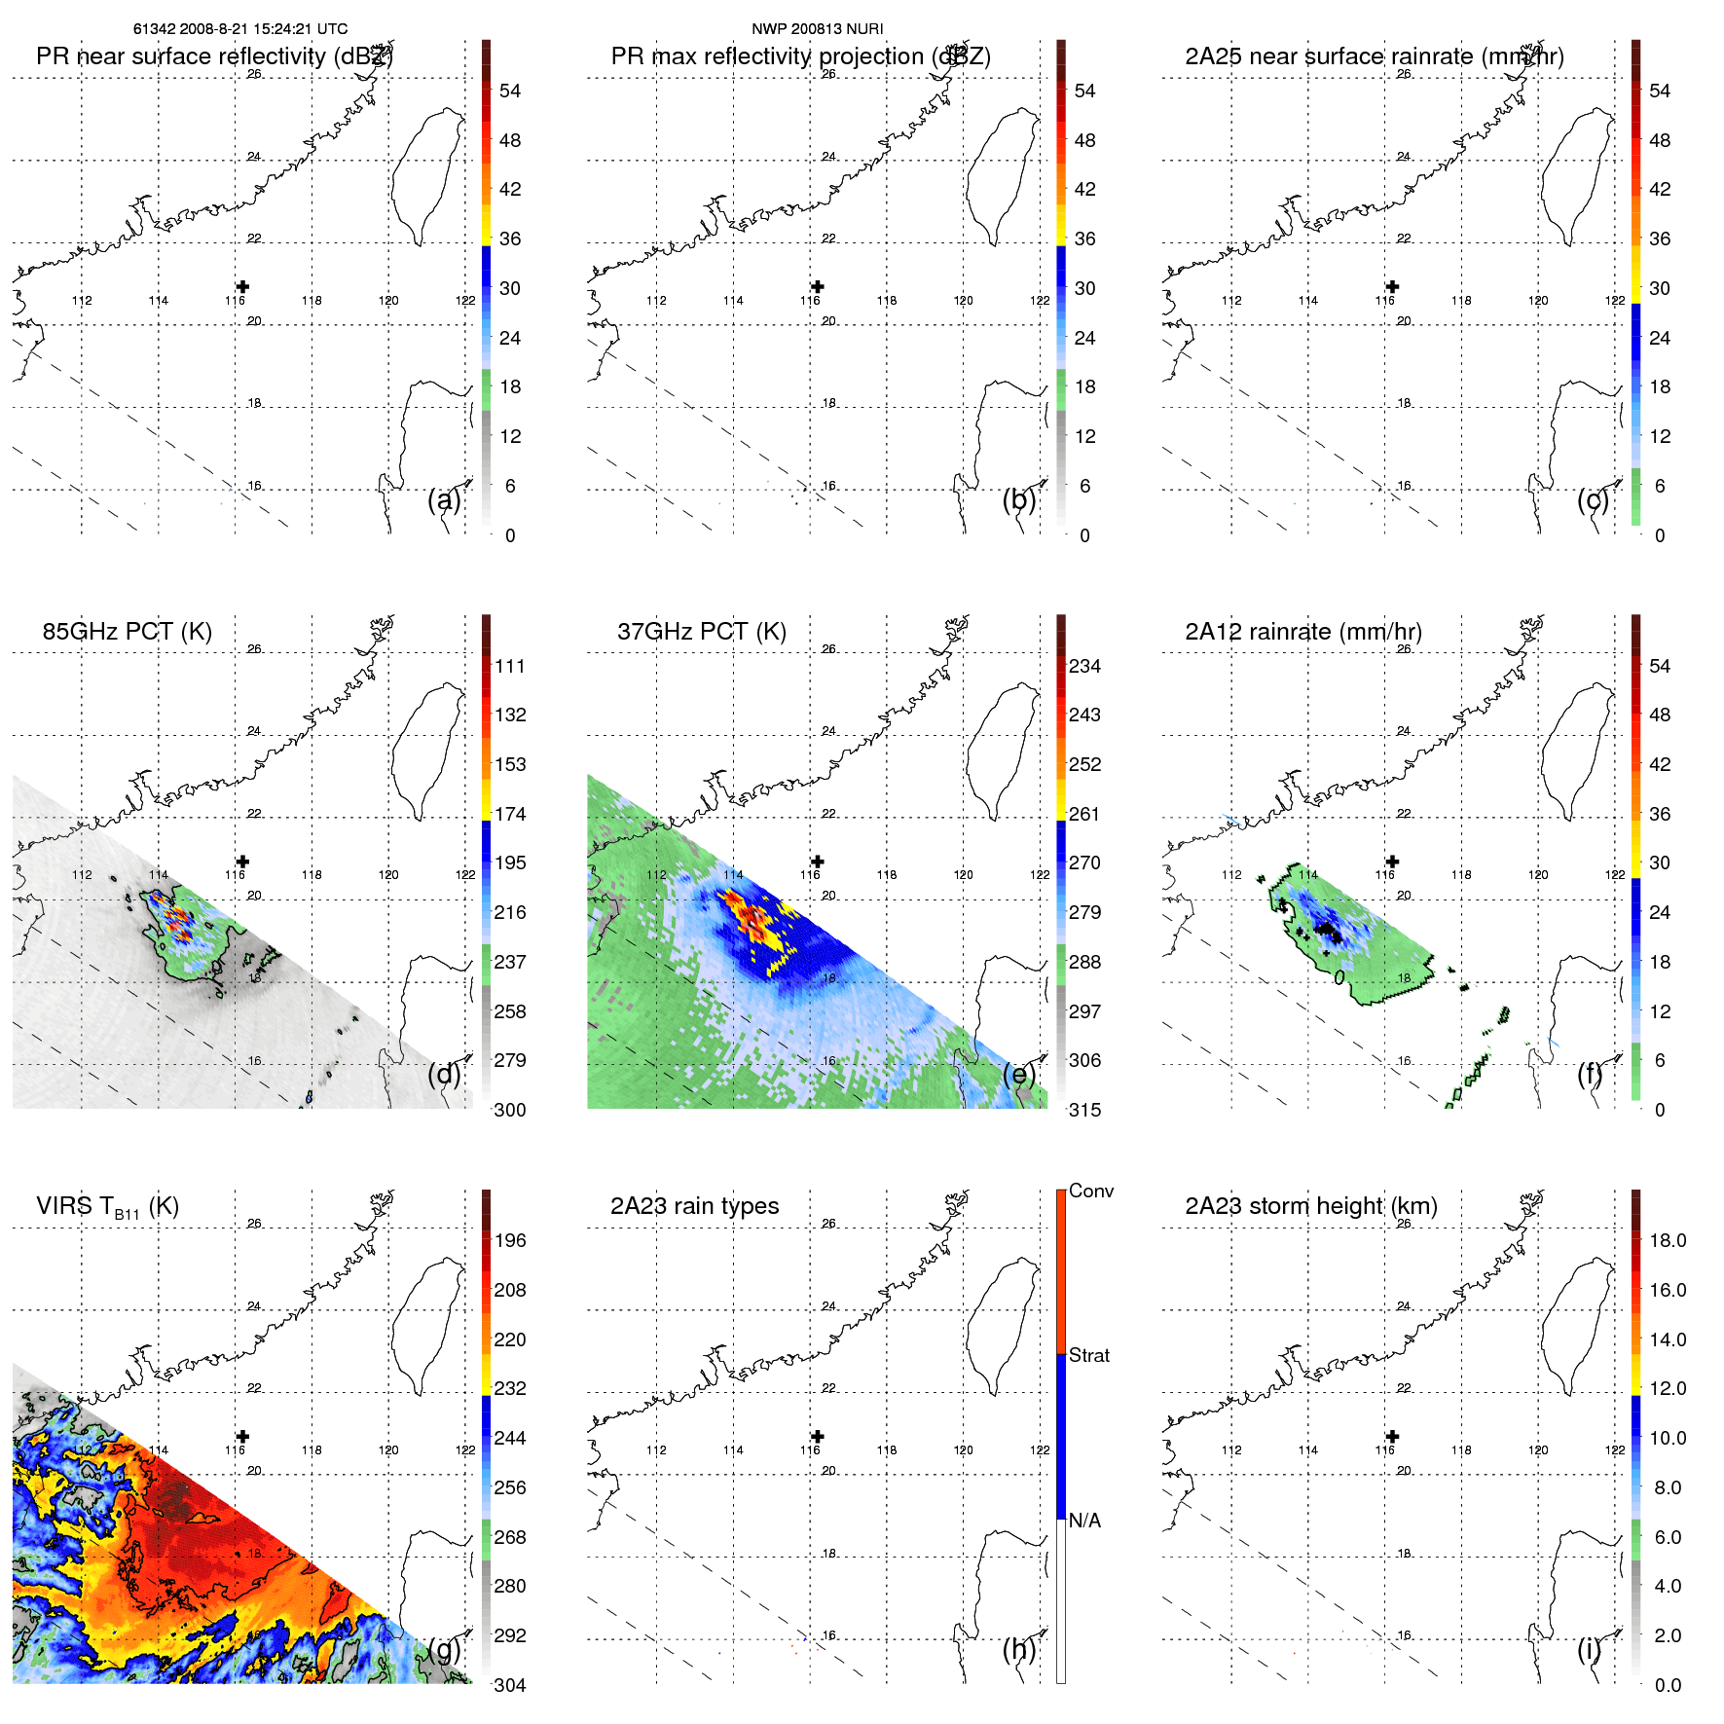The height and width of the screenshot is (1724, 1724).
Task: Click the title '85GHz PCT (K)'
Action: [127, 632]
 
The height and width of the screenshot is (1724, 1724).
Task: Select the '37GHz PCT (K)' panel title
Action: [701, 632]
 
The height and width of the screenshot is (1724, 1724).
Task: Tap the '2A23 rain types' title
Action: [694, 1206]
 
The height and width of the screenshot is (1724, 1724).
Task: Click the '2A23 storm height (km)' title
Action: [1310, 1206]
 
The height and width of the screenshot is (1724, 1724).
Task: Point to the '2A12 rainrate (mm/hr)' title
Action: [1302, 632]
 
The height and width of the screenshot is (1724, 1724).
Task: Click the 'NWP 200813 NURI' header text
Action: [817, 29]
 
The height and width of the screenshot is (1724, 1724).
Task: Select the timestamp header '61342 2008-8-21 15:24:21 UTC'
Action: [240, 29]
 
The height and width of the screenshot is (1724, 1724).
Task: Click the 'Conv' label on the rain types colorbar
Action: [1090, 1191]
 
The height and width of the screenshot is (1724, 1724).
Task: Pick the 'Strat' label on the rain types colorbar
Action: [1088, 1355]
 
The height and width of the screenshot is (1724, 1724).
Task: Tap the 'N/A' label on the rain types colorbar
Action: [1084, 1521]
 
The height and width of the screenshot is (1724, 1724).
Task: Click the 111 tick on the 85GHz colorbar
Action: [509, 666]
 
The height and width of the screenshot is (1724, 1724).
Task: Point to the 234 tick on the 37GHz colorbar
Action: [1084, 666]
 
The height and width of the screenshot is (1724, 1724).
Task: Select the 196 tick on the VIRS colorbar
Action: [509, 1240]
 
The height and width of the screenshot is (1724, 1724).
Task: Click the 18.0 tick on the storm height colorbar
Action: [1667, 1240]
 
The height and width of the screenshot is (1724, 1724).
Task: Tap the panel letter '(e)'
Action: [1018, 1074]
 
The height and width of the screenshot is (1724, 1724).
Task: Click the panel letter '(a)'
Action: [444, 499]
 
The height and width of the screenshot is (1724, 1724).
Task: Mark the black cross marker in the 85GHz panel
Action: [242, 862]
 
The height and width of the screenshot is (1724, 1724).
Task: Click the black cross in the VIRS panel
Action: [242, 1436]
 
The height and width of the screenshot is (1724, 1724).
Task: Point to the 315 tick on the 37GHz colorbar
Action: [1084, 1110]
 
